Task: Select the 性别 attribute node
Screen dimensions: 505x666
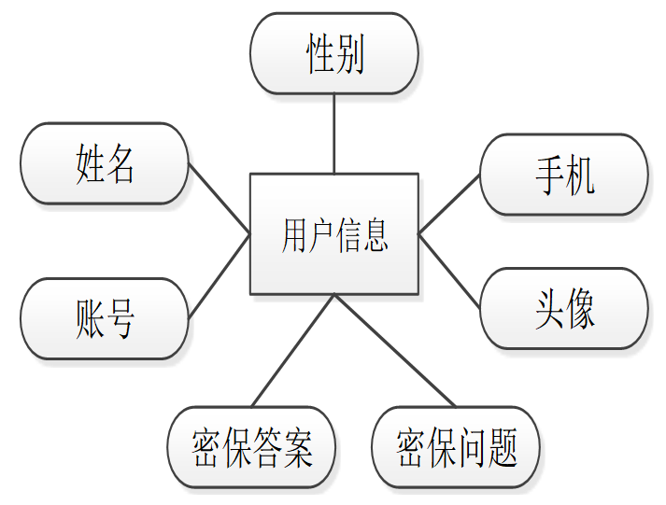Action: [333, 54]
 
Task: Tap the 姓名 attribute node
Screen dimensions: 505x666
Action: [105, 163]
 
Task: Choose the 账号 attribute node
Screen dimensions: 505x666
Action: [105, 318]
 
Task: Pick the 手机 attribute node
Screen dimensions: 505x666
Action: [563, 175]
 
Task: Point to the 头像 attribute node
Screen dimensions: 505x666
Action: [563, 308]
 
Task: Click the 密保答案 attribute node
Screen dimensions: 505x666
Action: [250, 447]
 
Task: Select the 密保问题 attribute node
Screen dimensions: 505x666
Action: [456, 447]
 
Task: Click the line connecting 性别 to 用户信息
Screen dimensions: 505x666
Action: [333, 133]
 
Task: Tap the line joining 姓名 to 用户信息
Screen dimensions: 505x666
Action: [220, 199]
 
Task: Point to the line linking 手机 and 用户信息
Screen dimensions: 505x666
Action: [449, 203]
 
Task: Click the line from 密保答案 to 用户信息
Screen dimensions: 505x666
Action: [292, 351]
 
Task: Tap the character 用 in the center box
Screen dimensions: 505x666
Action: [293, 234]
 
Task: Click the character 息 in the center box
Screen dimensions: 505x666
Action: [376, 234]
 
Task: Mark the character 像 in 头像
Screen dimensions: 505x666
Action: [580, 308]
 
